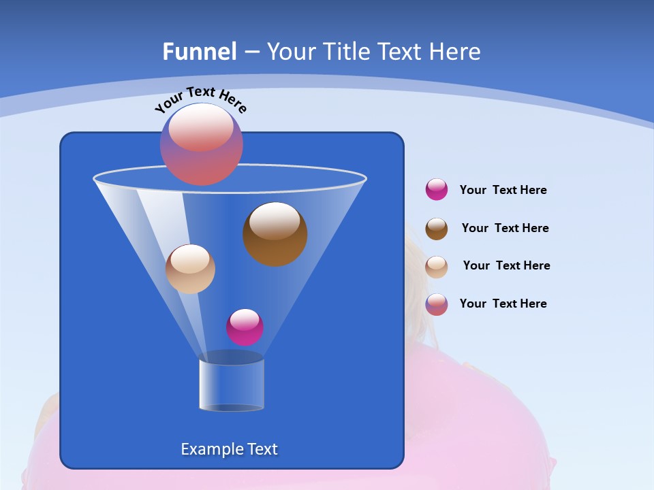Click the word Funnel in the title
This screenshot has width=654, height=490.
pyautogui.click(x=199, y=52)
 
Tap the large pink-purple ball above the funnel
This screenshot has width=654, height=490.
pyautogui.click(x=201, y=144)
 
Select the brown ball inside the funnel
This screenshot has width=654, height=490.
pyautogui.click(x=275, y=234)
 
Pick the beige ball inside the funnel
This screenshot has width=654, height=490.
pyautogui.click(x=190, y=269)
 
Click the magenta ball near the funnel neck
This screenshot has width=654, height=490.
pyautogui.click(x=245, y=327)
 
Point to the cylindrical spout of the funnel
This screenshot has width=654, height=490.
pyautogui.click(x=231, y=385)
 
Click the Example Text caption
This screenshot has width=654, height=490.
pyautogui.click(x=229, y=449)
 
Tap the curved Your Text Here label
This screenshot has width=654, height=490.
pyautogui.click(x=200, y=99)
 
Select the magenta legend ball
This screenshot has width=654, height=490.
pyautogui.click(x=436, y=190)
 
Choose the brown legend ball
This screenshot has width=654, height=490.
pyautogui.click(x=436, y=229)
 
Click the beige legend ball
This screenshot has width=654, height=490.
pyautogui.click(x=436, y=267)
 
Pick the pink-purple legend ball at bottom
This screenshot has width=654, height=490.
pyautogui.click(x=436, y=304)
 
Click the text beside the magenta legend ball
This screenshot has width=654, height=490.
pyautogui.click(x=503, y=191)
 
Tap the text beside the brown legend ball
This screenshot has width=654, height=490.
pyautogui.click(x=505, y=229)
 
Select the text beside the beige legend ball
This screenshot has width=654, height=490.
pyautogui.click(x=506, y=266)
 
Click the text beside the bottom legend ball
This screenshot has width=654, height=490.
pyautogui.click(x=503, y=304)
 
